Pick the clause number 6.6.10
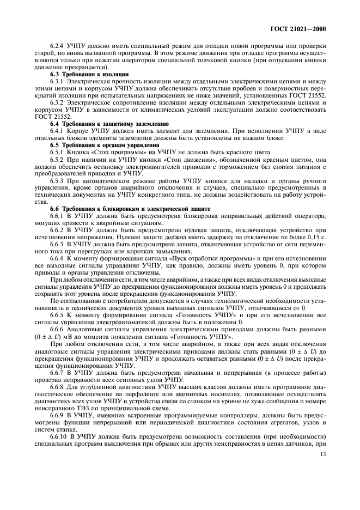click(x=60, y=455)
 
